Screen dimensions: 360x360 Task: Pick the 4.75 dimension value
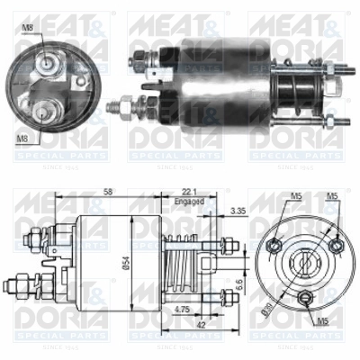(181, 310)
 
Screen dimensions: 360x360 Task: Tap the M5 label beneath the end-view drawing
(321, 319)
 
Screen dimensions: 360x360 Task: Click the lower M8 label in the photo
(22, 138)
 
